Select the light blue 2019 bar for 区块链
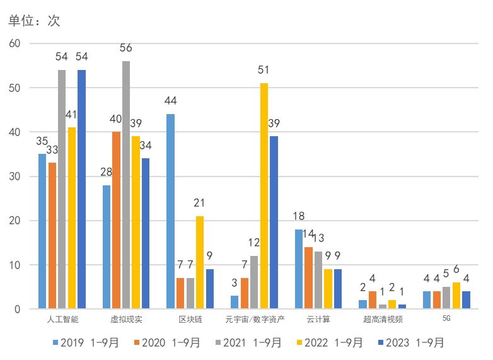tap(170, 212)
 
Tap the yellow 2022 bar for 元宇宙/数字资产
tap(264, 196)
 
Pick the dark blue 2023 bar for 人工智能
tap(81, 189)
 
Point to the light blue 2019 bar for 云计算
tap(299, 269)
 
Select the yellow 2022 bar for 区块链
tap(199, 262)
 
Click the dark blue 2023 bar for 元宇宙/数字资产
tap(274, 223)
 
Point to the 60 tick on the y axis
tap(14, 44)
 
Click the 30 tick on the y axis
tap(14, 177)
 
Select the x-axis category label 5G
tap(446, 319)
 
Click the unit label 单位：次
tap(34, 21)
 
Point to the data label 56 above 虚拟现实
tap(126, 48)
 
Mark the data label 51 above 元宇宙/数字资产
tap(264, 70)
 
